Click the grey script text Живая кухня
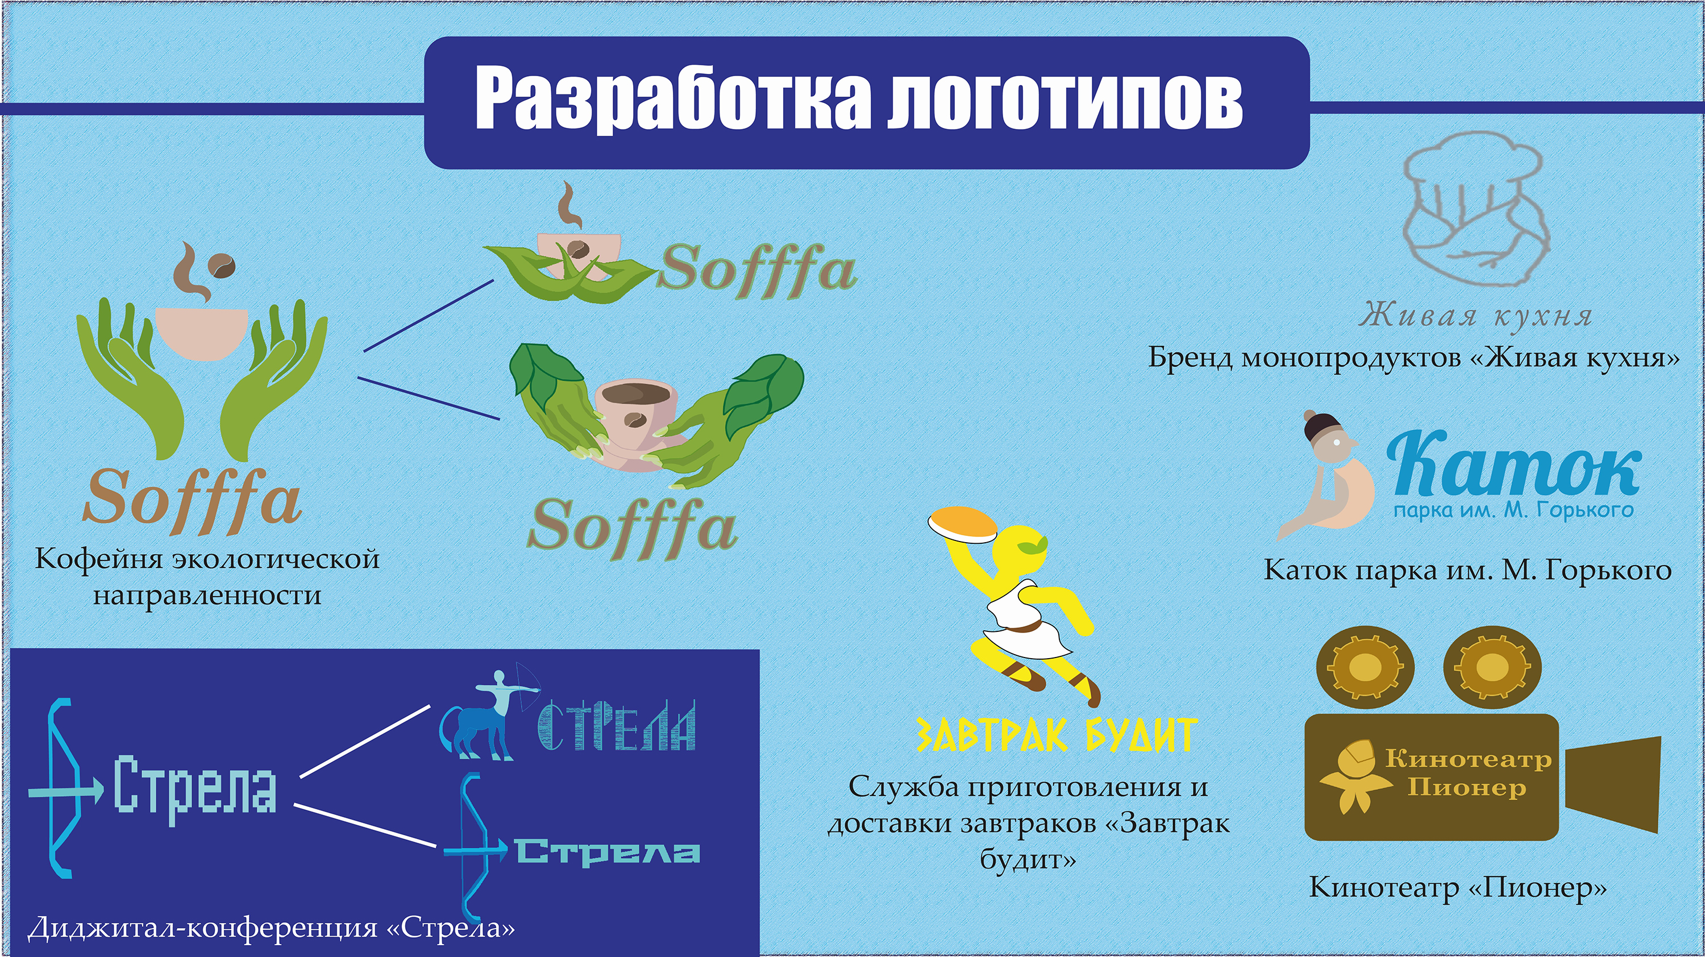pyautogui.click(x=1476, y=316)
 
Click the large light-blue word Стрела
pyautogui.click(x=196, y=787)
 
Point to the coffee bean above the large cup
pyautogui.click(x=221, y=266)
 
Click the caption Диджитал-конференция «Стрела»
pyautogui.click(x=271, y=927)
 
